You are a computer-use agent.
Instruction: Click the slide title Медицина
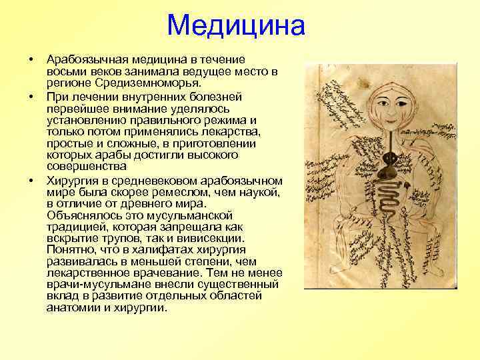click(x=236, y=26)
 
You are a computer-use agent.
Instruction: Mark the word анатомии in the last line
click(x=71, y=308)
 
